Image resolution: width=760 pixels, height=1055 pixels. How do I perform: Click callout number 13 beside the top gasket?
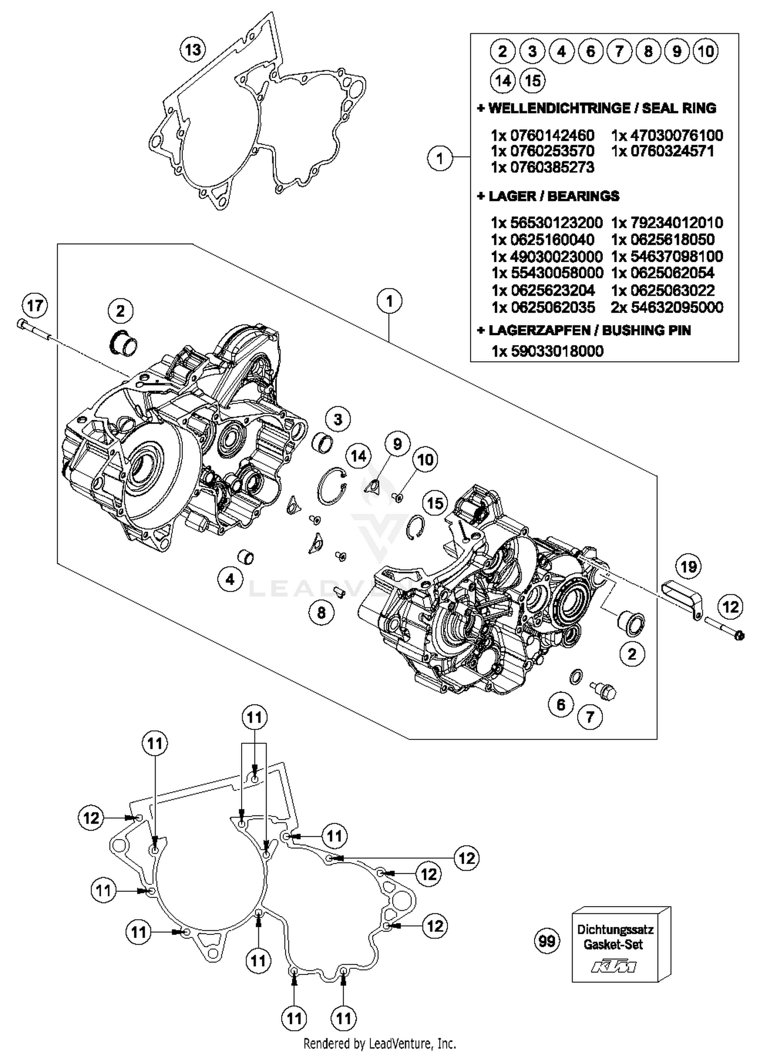193,50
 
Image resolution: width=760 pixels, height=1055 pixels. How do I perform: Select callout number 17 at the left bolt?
34,306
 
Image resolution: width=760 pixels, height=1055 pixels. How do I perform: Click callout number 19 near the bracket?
688,566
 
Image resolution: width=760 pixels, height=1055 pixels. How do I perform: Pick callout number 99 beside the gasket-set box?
547,941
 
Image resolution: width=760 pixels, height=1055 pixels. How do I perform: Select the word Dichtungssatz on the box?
615,929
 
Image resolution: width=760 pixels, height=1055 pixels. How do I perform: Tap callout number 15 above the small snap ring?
435,503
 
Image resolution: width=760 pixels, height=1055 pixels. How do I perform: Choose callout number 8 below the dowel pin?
321,613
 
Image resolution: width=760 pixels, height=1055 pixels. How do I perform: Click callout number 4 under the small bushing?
230,579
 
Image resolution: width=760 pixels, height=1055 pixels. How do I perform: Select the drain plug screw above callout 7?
604,689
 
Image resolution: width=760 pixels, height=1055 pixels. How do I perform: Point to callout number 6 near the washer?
561,705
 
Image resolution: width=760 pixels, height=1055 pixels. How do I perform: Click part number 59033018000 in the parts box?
548,351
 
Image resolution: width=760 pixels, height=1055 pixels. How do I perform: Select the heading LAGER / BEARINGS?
548,196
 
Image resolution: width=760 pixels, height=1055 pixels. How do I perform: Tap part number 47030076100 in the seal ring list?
667,135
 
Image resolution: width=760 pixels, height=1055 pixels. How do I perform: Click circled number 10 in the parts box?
705,51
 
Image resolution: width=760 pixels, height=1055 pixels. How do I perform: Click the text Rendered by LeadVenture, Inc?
379,1043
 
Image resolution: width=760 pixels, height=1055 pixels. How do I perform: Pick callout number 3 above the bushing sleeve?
338,419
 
